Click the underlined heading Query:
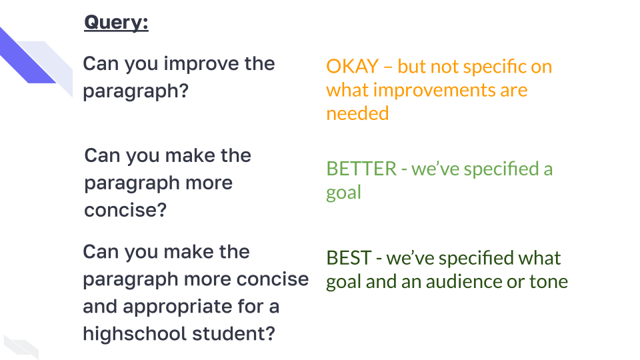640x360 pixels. click(x=116, y=23)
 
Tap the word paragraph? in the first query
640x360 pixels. click(x=135, y=91)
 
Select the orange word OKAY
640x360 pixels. click(x=353, y=67)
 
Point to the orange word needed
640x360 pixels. click(x=357, y=113)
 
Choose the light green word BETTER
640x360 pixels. click(x=361, y=169)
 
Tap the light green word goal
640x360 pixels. click(x=343, y=193)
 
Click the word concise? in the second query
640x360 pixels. click(x=125, y=211)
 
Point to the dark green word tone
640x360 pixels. click(x=548, y=281)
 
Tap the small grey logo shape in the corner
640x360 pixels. click(x=20, y=345)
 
